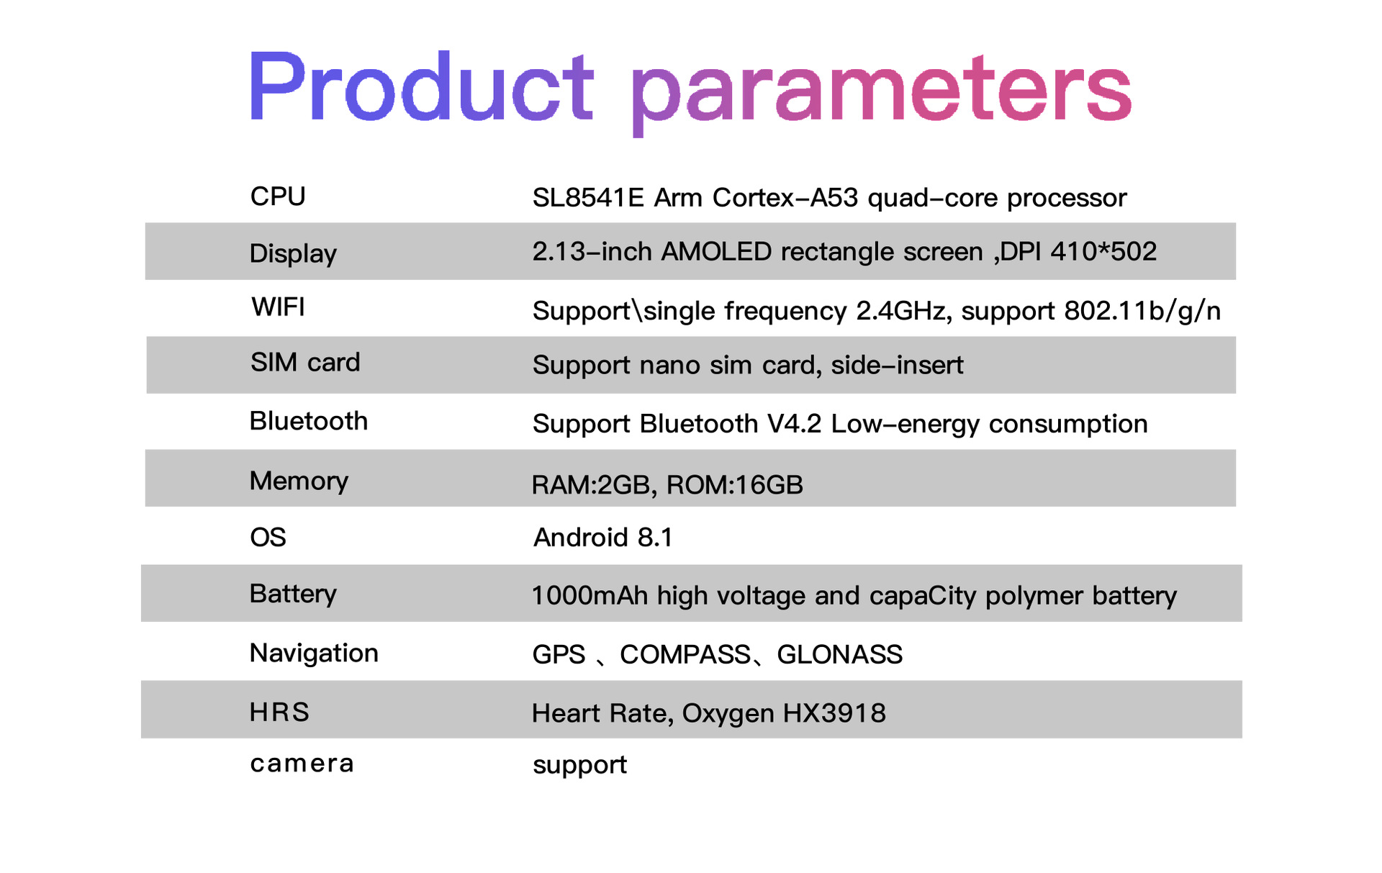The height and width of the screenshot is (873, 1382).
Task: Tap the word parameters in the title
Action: coord(881,94)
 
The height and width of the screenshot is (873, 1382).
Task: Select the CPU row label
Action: coord(278,196)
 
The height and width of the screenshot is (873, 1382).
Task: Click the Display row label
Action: coord(293,254)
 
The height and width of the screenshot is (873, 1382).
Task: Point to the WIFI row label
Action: coord(279,307)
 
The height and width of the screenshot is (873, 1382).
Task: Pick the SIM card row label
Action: coord(305,362)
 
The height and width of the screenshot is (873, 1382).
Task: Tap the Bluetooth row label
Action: coord(309,421)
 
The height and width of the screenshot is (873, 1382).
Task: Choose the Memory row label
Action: coord(299,481)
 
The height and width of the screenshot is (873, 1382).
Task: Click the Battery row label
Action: coord(293,594)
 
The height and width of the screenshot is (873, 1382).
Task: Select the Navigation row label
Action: coord(314,653)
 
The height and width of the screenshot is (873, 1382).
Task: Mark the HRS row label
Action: coord(279,712)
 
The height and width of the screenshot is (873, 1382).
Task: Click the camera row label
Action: coord(302,764)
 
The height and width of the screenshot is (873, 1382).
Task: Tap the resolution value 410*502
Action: coord(1103,251)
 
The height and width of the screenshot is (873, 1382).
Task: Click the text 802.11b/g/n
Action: coord(1142,311)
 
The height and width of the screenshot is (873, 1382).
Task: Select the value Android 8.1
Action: coord(603,538)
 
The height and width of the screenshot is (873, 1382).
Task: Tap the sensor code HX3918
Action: coord(834,713)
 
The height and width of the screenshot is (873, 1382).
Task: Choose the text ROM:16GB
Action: coord(735,485)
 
